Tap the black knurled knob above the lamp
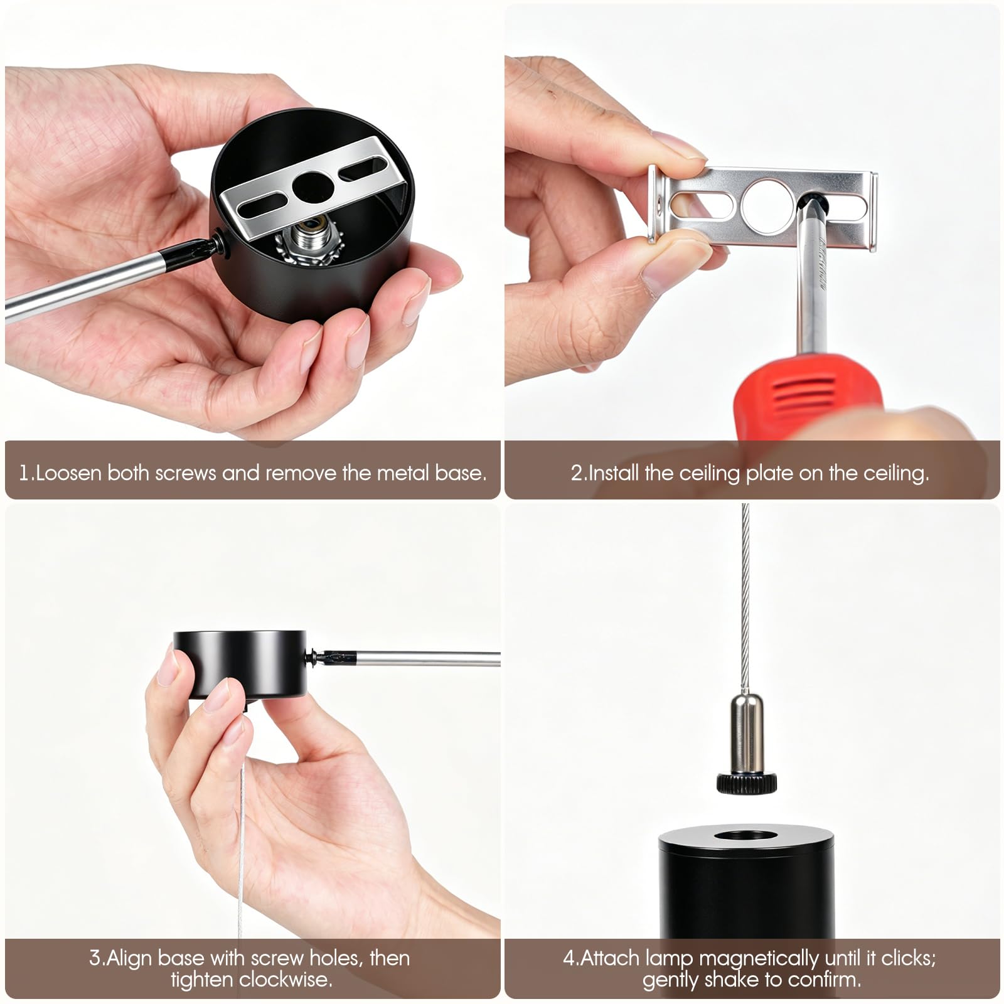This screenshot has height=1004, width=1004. click(746, 782)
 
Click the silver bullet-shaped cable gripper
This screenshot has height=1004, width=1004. click(746, 732)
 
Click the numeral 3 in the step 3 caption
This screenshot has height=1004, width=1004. click(95, 958)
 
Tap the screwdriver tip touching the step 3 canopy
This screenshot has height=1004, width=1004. click(326, 658)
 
